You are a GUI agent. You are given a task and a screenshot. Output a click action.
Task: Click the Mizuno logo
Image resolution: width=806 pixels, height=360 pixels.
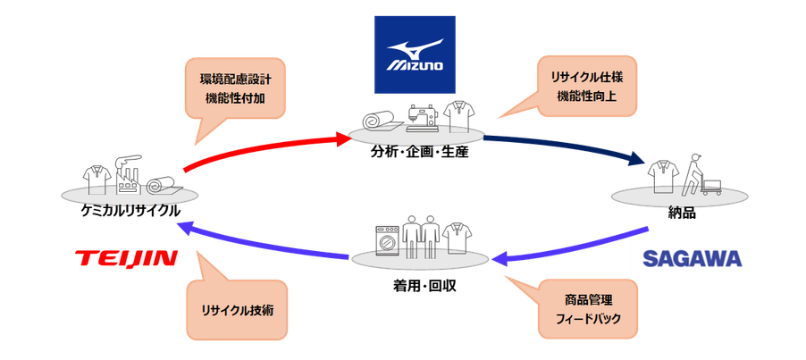click(415, 54)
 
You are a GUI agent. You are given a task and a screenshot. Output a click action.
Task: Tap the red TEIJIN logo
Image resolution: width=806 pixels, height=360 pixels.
click(126, 258)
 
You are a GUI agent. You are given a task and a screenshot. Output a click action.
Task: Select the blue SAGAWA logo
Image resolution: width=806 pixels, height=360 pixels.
click(692, 258)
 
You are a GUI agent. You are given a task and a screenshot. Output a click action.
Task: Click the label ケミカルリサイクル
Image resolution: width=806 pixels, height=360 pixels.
click(130, 211)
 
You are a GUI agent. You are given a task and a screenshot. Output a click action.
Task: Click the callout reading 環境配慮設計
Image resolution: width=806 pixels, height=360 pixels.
click(235, 88)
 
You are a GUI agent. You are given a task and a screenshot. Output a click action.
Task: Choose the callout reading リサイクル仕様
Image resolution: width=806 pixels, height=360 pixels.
click(586, 86)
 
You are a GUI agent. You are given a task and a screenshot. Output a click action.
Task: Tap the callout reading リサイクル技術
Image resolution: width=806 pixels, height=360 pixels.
click(237, 310)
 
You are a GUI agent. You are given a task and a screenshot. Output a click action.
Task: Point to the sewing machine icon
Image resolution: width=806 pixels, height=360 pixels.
click(422, 118)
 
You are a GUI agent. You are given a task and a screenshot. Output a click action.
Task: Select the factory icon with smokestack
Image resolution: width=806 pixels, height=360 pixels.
click(128, 174)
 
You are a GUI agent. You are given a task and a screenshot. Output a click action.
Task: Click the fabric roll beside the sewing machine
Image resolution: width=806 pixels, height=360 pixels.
click(379, 121)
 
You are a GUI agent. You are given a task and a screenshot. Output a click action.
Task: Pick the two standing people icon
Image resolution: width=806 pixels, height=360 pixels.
click(421, 236)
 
